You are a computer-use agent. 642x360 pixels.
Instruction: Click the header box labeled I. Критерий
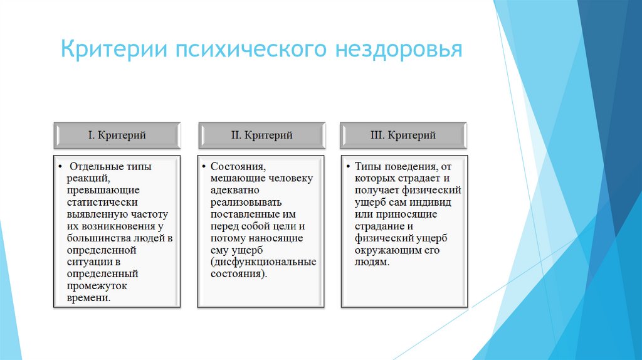pos(117,135)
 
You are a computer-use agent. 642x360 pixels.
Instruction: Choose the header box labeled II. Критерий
pos(261,135)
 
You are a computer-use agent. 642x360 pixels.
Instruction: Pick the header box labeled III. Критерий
pos(404,135)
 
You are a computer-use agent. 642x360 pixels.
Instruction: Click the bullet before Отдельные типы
pos(60,167)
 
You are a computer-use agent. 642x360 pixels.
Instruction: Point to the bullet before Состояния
pos(204,167)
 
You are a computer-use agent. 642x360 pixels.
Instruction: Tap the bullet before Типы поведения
pos(348,167)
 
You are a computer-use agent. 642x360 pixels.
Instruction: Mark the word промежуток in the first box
pos(97,286)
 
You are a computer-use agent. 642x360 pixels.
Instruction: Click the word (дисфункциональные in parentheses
pos(263,262)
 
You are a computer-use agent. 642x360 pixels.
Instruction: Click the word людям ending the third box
pos(372,262)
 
